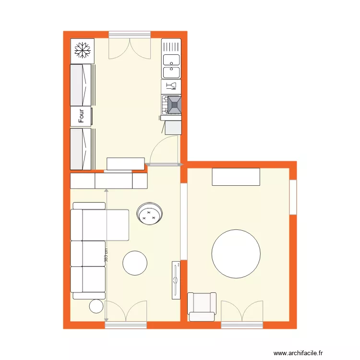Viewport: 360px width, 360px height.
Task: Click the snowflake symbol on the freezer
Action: point(83,50)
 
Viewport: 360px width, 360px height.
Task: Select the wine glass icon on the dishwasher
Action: point(171,86)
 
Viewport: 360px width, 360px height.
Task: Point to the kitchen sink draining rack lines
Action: point(171,47)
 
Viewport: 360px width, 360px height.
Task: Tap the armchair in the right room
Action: point(202,306)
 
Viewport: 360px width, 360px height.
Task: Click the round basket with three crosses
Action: point(150,214)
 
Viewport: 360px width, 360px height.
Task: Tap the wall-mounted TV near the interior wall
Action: point(176,279)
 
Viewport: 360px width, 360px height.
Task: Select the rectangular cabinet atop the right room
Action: point(236,177)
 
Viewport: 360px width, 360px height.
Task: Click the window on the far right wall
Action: point(293,197)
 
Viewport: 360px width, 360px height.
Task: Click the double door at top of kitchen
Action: point(130,46)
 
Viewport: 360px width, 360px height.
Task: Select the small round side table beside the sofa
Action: point(96,306)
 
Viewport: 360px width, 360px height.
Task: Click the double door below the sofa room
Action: point(126,313)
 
